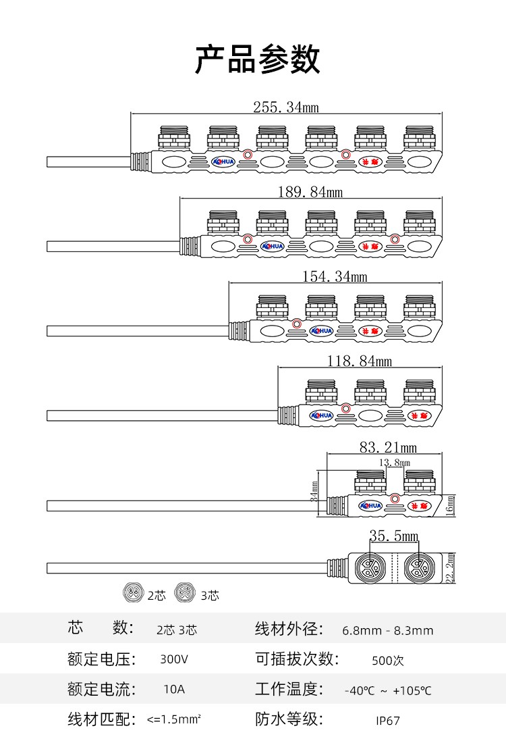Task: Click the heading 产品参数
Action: click(x=257, y=60)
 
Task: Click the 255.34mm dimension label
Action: click(x=285, y=107)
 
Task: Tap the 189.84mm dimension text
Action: click(x=310, y=192)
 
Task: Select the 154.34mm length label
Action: click(x=335, y=276)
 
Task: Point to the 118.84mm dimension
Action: click(x=360, y=361)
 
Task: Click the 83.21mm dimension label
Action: click(x=388, y=447)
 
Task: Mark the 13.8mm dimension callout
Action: click(x=395, y=463)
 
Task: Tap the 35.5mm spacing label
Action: click(x=393, y=536)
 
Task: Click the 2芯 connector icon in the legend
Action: click(x=134, y=593)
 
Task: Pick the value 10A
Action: click(x=174, y=690)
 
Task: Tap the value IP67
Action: click(x=388, y=721)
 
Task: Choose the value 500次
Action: click(x=388, y=661)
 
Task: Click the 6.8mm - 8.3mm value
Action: click(x=388, y=631)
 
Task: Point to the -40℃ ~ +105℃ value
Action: click(x=388, y=690)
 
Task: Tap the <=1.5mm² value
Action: click(x=174, y=720)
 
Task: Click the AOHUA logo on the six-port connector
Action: click(x=222, y=161)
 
